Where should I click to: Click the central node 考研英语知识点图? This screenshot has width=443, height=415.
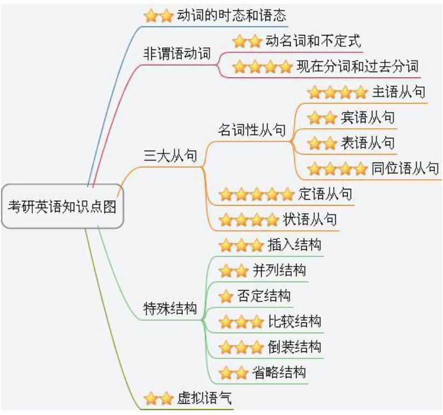[x=62, y=207]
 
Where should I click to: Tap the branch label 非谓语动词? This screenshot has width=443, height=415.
[x=177, y=54]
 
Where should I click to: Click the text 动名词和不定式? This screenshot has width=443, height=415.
[x=313, y=41]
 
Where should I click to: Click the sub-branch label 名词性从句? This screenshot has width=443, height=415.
[x=251, y=130]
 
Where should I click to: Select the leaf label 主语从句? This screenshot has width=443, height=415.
[x=398, y=92]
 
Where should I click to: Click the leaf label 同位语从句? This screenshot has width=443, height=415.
[x=405, y=168]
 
